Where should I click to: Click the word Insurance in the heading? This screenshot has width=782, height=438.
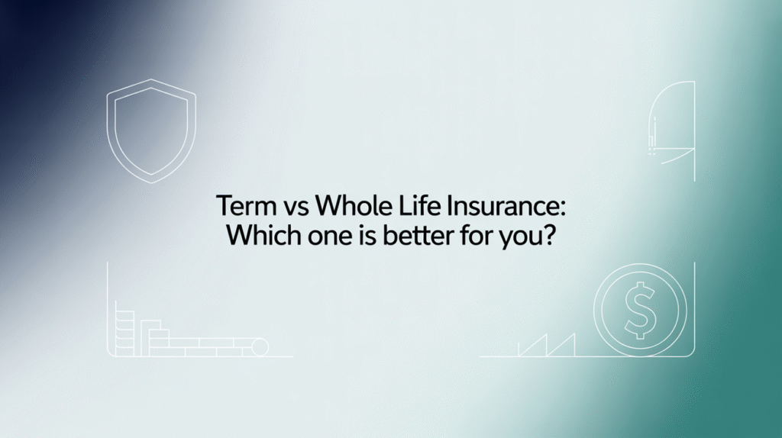pos(499,206)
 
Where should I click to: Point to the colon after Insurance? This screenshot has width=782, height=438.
pos(562,208)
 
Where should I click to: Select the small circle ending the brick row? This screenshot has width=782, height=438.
pos(260,347)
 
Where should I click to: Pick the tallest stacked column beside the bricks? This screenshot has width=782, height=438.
pos(119,328)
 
